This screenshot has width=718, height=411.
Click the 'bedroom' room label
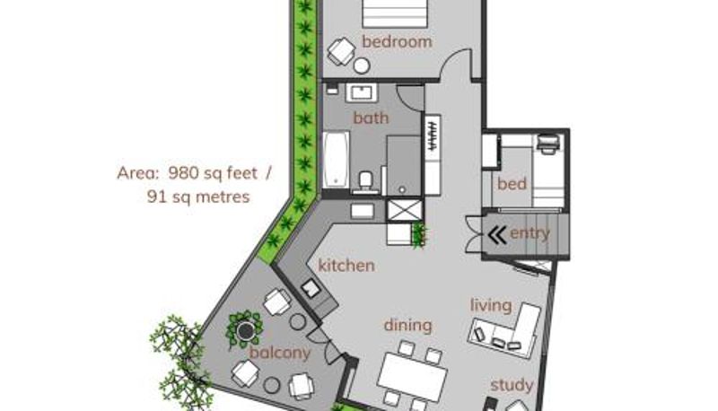click(397, 41)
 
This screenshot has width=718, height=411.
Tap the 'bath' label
click(371, 118)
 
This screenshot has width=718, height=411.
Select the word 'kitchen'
click(346, 266)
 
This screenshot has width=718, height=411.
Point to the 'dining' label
click(408, 326)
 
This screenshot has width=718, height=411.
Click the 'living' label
click(491, 306)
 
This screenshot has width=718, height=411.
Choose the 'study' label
click(512, 385)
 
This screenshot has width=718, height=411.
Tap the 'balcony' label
click(280, 353)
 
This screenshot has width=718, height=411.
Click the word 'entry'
click(530, 233)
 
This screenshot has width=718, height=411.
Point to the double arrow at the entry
click(497, 235)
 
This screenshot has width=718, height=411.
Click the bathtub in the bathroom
click(336, 160)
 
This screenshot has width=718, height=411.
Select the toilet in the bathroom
click(365, 180)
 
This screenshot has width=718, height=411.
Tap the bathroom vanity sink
click(362, 93)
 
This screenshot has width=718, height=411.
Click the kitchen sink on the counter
click(311, 288)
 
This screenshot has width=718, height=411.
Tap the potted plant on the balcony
click(245, 329)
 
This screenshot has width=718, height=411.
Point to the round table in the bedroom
click(362, 66)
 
